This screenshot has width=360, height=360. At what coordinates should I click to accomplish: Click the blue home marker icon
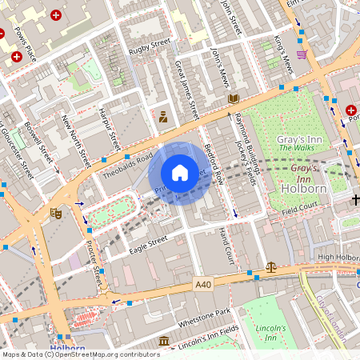tap(180, 173)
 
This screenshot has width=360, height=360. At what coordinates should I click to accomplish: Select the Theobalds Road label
tap(127, 162)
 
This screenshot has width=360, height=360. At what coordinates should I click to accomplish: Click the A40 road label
tap(204, 284)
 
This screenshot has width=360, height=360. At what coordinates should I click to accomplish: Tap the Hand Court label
tap(226, 247)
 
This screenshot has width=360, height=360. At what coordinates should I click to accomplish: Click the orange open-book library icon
tap(234, 99)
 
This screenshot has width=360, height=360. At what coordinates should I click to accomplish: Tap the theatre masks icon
tap(56, 214)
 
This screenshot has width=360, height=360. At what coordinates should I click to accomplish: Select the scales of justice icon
tap(270, 268)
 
